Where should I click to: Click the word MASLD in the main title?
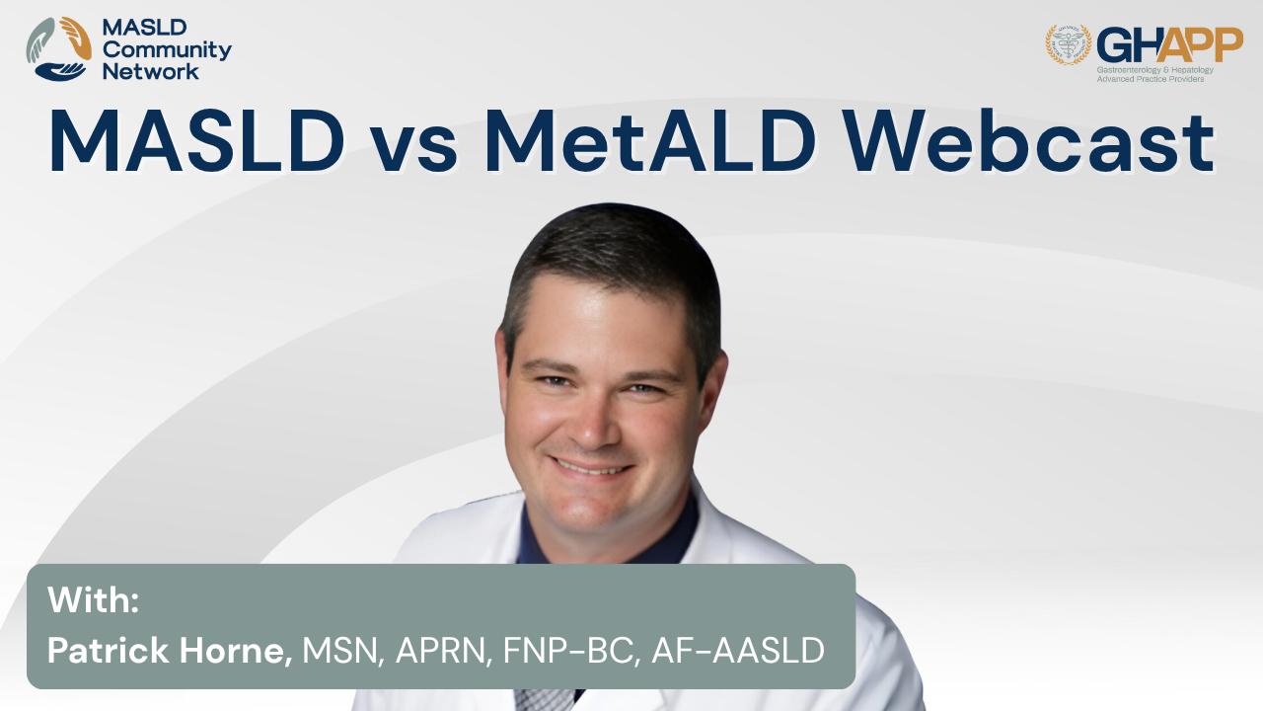click(x=197, y=140)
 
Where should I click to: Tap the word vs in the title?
click(x=413, y=148)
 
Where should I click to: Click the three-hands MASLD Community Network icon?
click(x=58, y=49)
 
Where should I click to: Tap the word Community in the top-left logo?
click(x=167, y=50)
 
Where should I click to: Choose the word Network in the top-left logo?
click(x=151, y=72)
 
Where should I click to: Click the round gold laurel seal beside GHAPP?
click(x=1069, y=44)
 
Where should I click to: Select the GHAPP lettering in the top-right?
click(x=1169, y=45)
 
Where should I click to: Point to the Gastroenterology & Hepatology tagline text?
click(x=1154, y=70)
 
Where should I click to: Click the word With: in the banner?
click(x=93, y=599)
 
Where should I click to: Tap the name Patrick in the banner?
click(x=109, y=650)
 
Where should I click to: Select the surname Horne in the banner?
click(x=236, y=651)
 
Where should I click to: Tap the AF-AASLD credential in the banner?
click(x=738, y=650)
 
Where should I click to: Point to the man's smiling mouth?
click(x=591, y=467)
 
